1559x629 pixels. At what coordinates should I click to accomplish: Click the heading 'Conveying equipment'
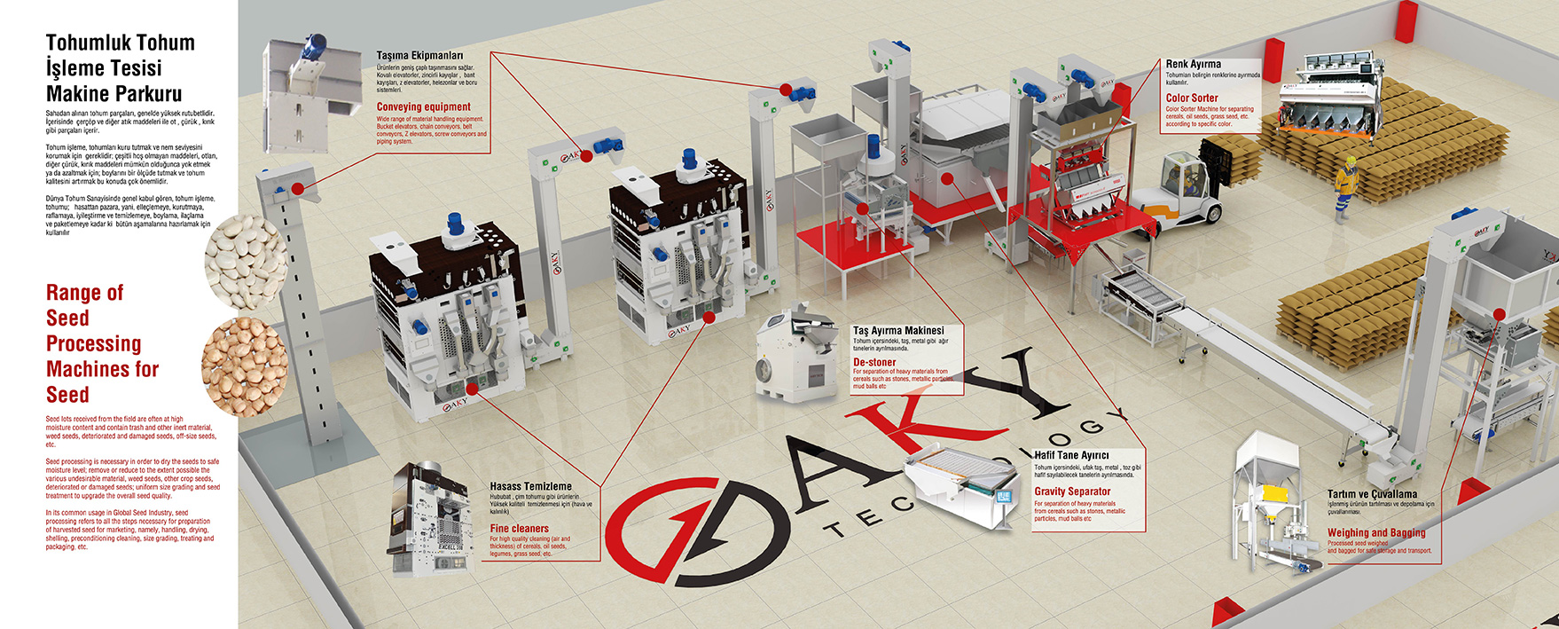tap(423, 107)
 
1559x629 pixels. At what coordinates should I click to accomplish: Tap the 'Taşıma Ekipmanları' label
tap(419, 56)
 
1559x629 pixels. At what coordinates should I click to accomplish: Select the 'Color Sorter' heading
tap(1192, 98)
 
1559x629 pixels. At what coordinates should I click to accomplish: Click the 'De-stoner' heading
tap(874, 362)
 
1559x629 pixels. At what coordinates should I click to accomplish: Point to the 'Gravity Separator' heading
tap(1072, 491)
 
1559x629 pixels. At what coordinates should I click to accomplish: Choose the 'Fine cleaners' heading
tap(520, 529)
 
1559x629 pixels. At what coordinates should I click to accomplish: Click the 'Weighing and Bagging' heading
tap(1376, 533)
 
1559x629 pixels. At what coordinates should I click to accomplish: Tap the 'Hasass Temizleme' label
tap(531, 486)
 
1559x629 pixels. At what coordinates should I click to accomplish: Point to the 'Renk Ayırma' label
tap(1193, 64)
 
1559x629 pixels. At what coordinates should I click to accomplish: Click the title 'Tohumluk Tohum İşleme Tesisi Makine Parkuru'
tap(120, 68)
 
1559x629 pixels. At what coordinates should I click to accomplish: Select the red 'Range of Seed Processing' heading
tap(102, 343)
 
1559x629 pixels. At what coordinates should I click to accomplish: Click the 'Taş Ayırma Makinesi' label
tap(898, 331)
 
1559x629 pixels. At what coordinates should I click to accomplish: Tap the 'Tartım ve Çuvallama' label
tap(1372, 494)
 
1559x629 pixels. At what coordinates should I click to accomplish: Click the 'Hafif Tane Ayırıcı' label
tap(1071, 456)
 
